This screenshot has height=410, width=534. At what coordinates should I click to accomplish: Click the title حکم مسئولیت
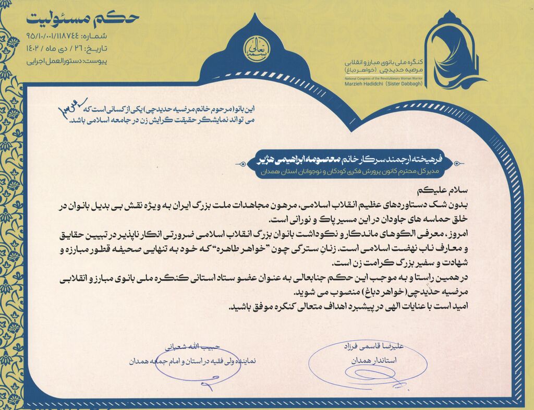82,18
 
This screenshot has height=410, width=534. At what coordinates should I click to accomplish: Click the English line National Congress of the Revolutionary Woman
383,77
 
